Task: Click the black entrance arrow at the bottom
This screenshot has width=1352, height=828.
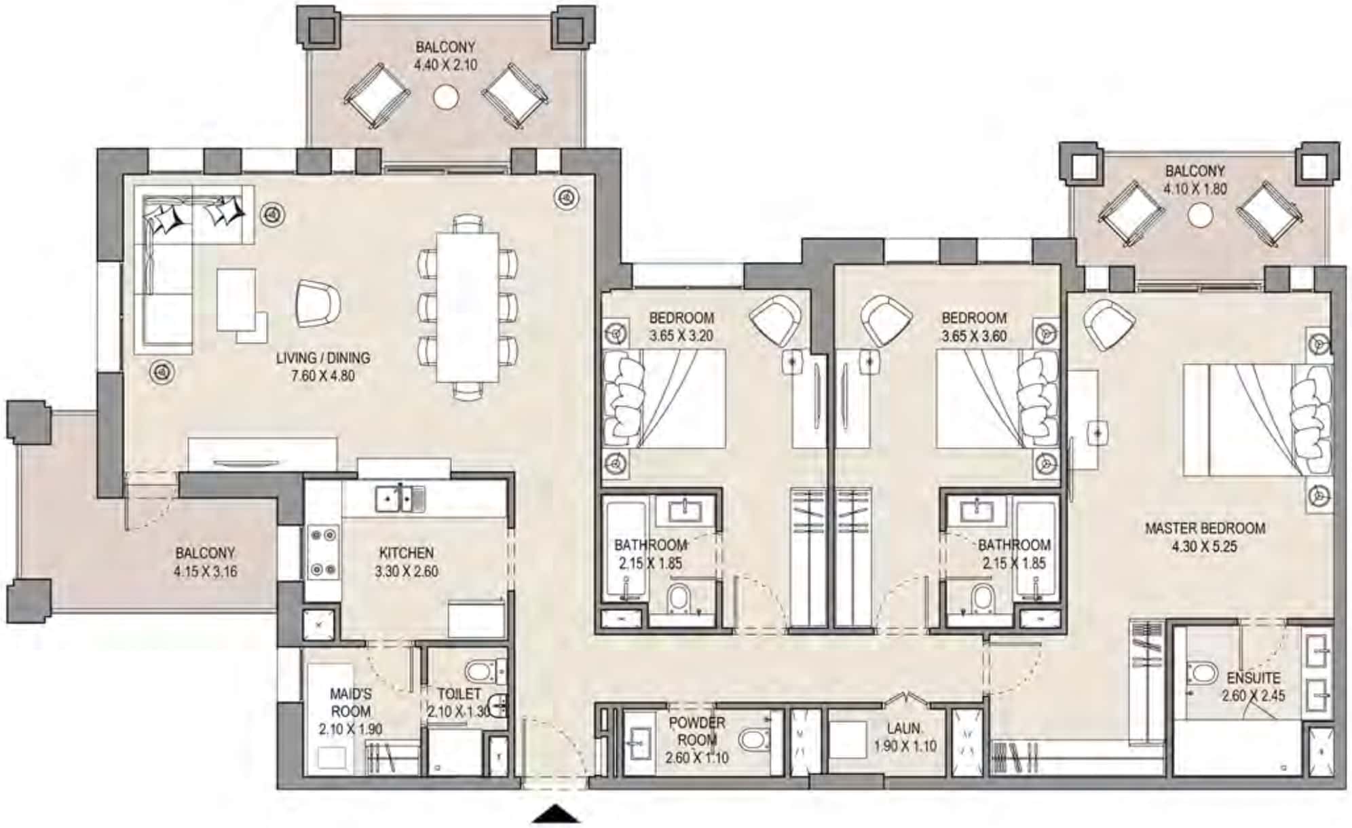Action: pos(556,814)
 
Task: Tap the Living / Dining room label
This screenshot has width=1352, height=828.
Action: pos(323,358)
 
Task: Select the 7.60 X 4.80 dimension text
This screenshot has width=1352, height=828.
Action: pos(323,375)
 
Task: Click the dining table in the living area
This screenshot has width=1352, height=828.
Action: pos(467,307)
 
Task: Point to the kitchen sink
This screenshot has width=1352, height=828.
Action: pos(400,499)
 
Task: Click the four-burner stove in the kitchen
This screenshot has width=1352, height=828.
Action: pos(323,552)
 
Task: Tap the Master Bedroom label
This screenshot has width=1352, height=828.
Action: pos(1205,528)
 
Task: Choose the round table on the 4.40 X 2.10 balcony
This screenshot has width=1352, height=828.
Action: pos(446,97)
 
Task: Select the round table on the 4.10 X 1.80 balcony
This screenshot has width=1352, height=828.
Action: pos(1200,216)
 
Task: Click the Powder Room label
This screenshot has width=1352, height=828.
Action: pos(697,731)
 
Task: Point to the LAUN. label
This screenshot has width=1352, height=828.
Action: pos(904,728)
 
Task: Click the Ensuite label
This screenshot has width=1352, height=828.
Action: pos(1254,678)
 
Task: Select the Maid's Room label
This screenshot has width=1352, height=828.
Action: pos(351,702)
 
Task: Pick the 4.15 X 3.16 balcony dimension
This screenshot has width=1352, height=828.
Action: pos(205,571)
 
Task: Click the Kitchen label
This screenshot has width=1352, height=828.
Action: pos(406,553)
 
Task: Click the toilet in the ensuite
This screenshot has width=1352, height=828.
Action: pos(1202,674)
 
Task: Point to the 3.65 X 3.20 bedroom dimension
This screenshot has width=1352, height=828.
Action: pos(681,335)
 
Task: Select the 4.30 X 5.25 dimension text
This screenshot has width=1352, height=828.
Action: pos(1205,546)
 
